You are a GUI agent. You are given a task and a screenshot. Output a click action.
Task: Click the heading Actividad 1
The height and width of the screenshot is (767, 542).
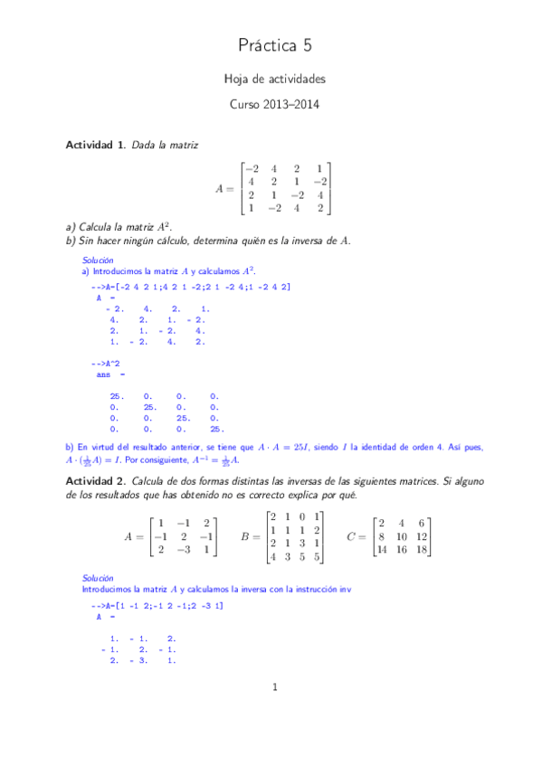coord(96,145)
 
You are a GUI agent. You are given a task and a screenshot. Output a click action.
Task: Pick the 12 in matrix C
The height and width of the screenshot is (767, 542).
coord(423,536)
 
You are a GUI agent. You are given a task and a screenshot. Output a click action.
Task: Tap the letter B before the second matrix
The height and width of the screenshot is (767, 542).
coord(243,536)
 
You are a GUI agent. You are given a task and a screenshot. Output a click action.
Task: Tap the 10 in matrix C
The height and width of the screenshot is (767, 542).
coord(404,536)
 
